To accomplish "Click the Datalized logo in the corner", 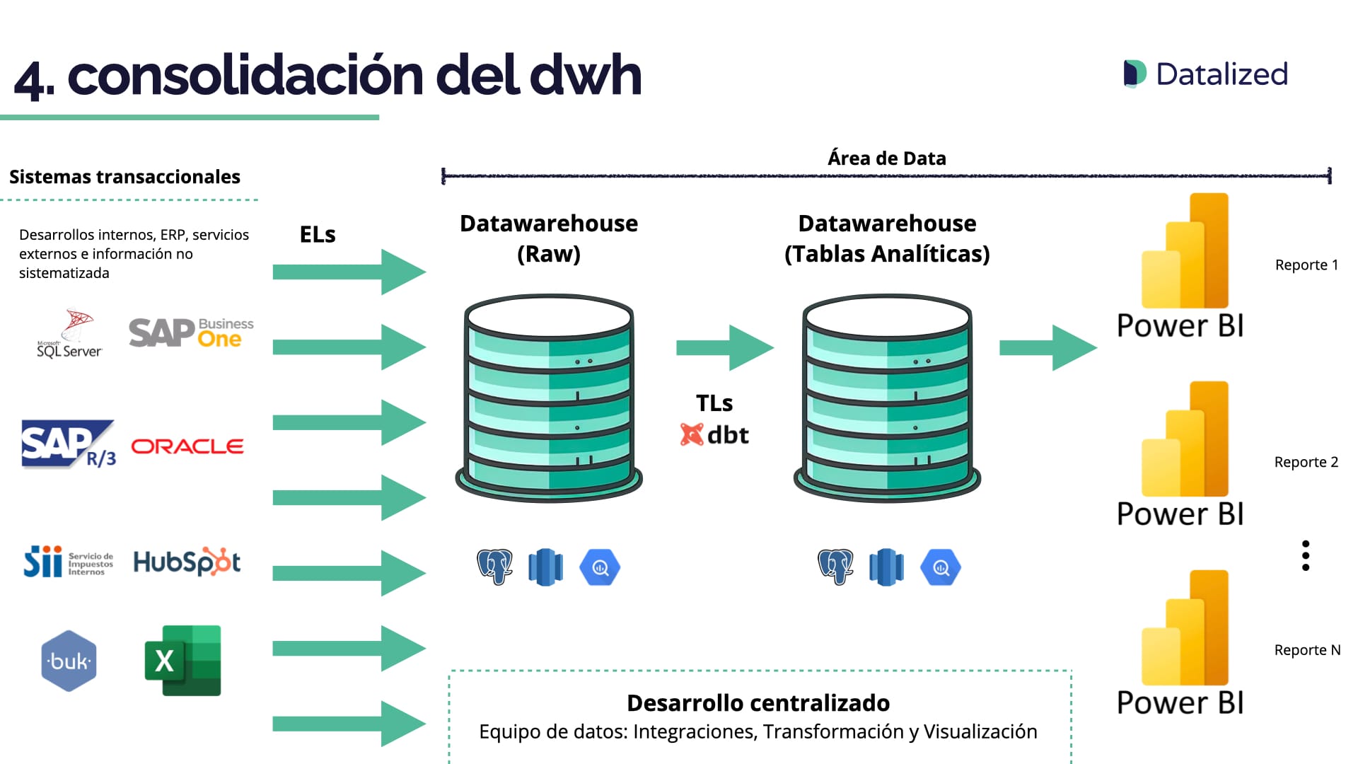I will (x=1206, y=74).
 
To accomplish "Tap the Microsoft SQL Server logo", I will (x=70, y=334).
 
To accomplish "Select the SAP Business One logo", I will (x=191, y=332).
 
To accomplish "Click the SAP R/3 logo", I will (x=68, y=445).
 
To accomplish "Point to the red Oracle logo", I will (x=187, y=446).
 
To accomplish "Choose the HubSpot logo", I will (x=187, y=562).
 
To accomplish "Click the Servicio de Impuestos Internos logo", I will (x=68, y=562).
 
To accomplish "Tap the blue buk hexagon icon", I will (x=69, y=661).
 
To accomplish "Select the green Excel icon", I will (x=183, y=660).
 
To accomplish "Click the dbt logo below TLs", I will (x=714, y=434).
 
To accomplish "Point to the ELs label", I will (x=318, y=235).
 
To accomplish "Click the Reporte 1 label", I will (x=1306, y=265).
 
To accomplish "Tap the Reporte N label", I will (x=1307, y=650).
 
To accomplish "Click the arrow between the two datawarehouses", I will (x=725, y=347).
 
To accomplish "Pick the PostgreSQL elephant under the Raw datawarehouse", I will (x=494, y=567).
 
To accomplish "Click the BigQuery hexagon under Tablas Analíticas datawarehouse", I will (x=941, y=567).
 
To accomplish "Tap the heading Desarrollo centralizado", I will (x=758, y=703).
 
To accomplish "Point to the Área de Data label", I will (x=887, y=158).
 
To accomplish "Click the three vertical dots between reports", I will (x=1306, y=556).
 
